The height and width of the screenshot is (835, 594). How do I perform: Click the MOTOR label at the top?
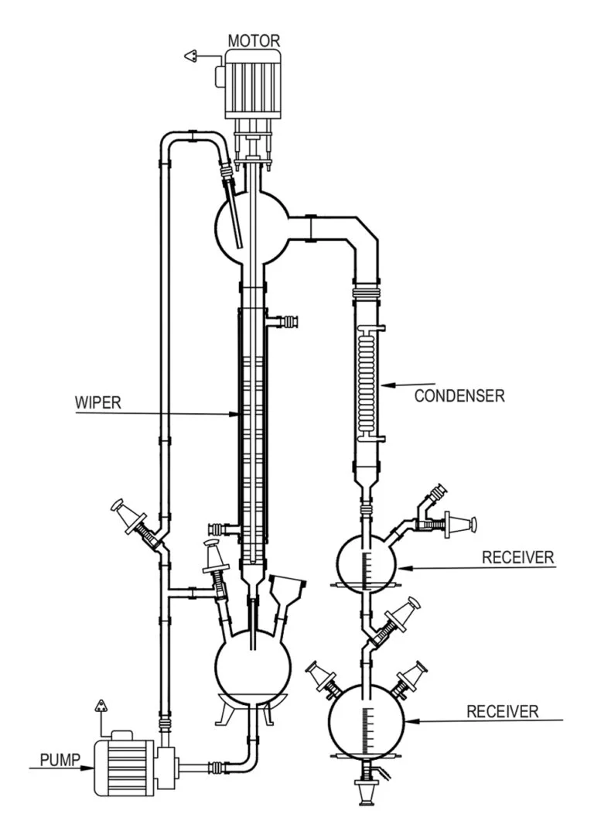(x=254, y=39)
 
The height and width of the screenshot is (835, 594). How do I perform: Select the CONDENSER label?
(x=459, y=396)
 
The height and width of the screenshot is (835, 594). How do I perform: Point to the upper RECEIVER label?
(x=516, y=557)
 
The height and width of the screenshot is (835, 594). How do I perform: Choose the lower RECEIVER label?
(x=503, y=711)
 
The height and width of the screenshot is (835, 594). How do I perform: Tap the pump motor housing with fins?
(x=124, y=766)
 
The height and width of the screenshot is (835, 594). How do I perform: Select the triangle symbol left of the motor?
(x=191, y=56)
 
